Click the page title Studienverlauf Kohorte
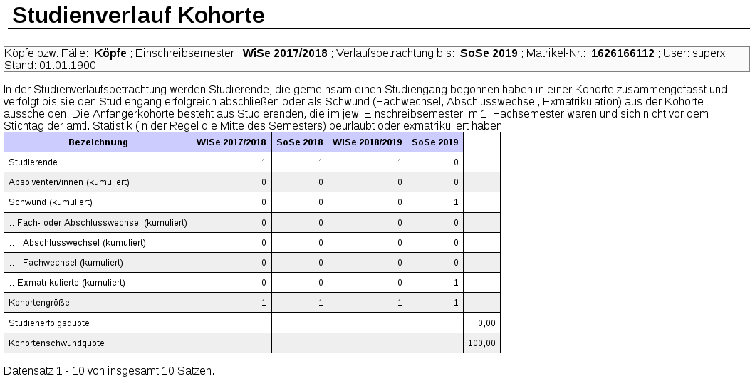pos(139,15)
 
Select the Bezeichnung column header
pos(98,142)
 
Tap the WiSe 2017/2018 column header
pos(231,142)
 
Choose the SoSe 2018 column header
pos(299,142)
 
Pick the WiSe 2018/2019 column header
pos(368,142)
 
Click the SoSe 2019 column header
pos(435,142)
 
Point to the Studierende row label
pos(33,162)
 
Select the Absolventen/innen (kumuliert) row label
pos(69,182)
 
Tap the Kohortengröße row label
pos(39,303)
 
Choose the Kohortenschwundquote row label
pos(56,343)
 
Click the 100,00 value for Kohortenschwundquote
pos(481,343)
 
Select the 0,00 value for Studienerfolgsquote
pos(486,323)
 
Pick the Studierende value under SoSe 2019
pos(456,162)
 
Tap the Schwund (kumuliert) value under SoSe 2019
pos(456,202)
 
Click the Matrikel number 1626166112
pos(623,53)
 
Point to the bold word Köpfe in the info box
pos(110,53)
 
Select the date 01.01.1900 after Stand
pos(68,65)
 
